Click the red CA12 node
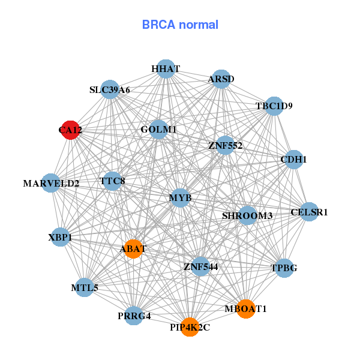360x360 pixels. click(71, 130)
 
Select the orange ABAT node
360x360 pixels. click(133, 248)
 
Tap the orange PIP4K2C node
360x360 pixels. click(190, 327)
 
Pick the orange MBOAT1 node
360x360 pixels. click(245, 308)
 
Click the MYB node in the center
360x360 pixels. click(181, 197)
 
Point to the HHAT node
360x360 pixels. click(166, 69)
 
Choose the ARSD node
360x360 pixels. click(221, 79)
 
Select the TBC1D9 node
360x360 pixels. click(274, 106)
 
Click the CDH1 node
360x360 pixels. click(293, 160)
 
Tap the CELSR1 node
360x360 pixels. click(309, 212)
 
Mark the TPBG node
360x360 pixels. click(284, 268)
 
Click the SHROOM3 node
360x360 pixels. click(247, 215)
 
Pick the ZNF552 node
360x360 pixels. click(225, 145)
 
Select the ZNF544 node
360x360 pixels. click(200, 266)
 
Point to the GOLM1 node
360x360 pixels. click(158, 130)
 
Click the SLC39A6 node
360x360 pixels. click(110, 90)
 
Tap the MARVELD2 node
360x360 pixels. click(51, 183)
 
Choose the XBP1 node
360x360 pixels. click(60, 238)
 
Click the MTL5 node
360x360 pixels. click(85, 288)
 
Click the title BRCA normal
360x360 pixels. click(180, 25)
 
